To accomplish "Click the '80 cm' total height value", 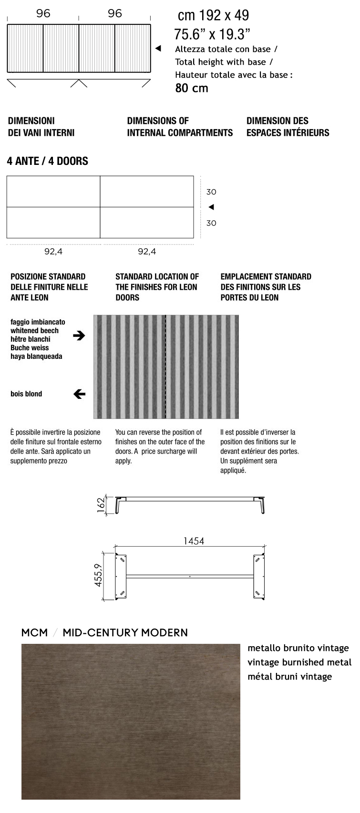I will (x=192, y=88).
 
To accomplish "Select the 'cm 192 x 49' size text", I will (x=213, y=16).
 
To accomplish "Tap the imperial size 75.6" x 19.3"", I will (x=212, y=34).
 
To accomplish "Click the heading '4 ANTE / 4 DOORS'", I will (x=47, y=161).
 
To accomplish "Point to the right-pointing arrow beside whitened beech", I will (x=79, y=335).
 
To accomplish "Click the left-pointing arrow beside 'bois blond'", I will (x=79, y=394).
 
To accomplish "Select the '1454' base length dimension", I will (x=194, y=541).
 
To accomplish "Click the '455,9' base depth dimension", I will (x=98, y=575).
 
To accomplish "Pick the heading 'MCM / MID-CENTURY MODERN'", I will (x=104, y=632).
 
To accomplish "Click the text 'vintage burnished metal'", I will (x=299, y=662).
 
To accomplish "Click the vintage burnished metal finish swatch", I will (x=131, y=722).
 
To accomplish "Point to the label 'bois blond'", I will (x=26, y=394).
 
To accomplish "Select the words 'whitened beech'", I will (x=34, y=331).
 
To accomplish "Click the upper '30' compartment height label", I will (x=211, y=192).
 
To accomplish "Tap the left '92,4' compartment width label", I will (x=53, y=252).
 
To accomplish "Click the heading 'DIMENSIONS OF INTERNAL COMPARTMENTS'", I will (x=180, y=127).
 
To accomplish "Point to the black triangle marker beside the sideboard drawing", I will (x=158, y=48).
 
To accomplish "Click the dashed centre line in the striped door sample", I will (x=165, y=366).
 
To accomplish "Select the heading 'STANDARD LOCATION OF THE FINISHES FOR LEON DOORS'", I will (x=157, y=287).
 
